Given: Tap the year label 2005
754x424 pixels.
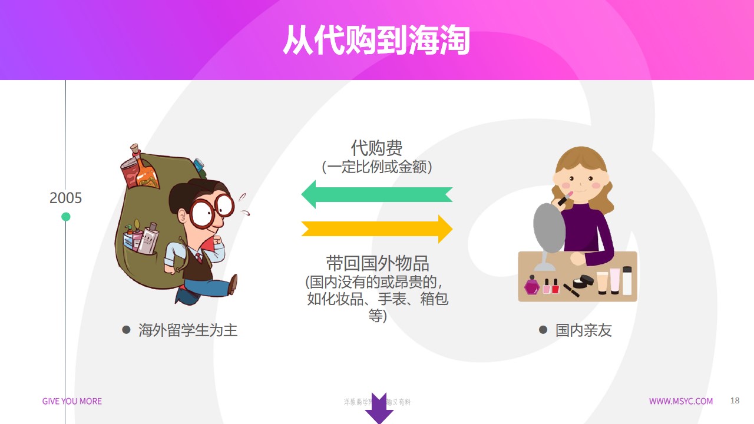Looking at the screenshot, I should point(65,198).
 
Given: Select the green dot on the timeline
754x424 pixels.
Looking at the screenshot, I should point(66,217).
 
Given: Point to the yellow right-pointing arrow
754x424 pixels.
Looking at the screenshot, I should point(377,228).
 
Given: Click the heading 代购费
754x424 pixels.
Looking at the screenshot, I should point(377,148).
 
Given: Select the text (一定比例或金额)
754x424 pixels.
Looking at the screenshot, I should point(377,167).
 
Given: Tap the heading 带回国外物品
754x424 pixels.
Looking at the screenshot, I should point(378,263).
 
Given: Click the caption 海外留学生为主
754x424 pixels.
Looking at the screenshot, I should point(188,330).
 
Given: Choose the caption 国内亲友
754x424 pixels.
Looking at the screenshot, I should point(583,330).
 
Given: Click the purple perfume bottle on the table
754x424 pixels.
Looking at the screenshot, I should point(532,286).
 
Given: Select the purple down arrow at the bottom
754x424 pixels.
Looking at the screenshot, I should point(379,408).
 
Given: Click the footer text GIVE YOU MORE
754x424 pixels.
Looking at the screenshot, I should point(72,401).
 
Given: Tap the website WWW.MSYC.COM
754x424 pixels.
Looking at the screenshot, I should point(680,401).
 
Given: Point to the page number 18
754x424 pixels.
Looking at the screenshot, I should point(735,400).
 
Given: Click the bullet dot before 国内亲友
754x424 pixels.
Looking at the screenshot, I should point(543,330).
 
